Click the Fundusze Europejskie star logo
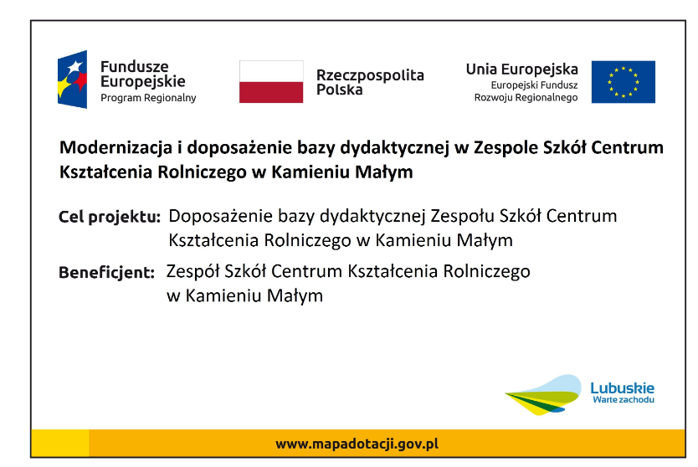click(72, 80)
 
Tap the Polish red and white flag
click(271, 82)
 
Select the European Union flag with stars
click(624, 82)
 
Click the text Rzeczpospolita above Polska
click(370, 75)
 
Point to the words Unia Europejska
click(521, 69)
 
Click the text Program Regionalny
click(148, 98)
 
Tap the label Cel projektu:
click(110, 218)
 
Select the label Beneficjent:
click(107, 273)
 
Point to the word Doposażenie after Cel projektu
click(220, 217)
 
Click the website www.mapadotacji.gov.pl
click(357, 444)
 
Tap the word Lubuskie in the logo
click(623, 388)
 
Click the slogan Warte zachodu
click(624, 400)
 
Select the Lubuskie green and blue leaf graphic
click(543, 395)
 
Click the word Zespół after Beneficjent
click(193, 271)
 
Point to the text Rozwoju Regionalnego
click(526, 97)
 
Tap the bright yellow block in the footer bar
click(60, 443)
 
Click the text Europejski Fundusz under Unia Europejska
click(534, 85)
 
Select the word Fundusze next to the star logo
click(135, 67)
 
